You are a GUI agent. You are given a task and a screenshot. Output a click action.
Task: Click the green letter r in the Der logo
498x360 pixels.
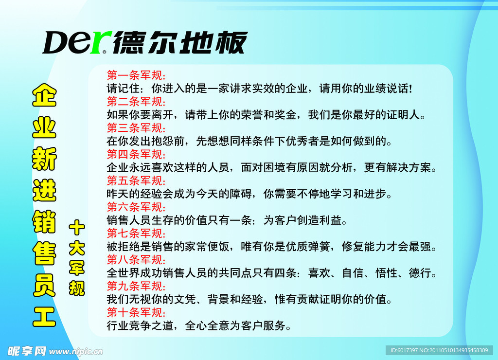coord(103,43)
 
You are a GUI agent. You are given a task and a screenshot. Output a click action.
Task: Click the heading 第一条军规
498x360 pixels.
coord(136,76)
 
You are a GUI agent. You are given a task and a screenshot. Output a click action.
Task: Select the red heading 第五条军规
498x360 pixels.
coord(136,181)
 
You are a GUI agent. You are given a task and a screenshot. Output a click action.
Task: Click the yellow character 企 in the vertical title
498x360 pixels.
coord(44,96)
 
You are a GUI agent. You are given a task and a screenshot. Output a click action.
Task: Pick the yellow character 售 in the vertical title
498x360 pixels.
coord(44,253)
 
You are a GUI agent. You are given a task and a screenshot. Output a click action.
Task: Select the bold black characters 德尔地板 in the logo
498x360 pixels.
coord(180,43)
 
